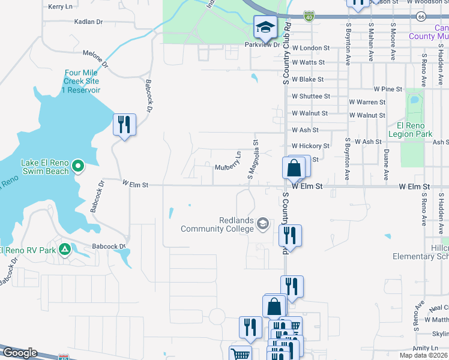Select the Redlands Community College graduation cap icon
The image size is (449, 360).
262,224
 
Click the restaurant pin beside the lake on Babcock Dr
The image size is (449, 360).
124,125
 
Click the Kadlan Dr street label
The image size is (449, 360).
88,22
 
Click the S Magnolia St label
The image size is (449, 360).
253,160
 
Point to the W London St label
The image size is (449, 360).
310,47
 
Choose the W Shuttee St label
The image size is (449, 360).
310,96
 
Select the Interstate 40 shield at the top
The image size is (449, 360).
309,17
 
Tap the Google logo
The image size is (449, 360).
20,353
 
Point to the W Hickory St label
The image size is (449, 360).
310,146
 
